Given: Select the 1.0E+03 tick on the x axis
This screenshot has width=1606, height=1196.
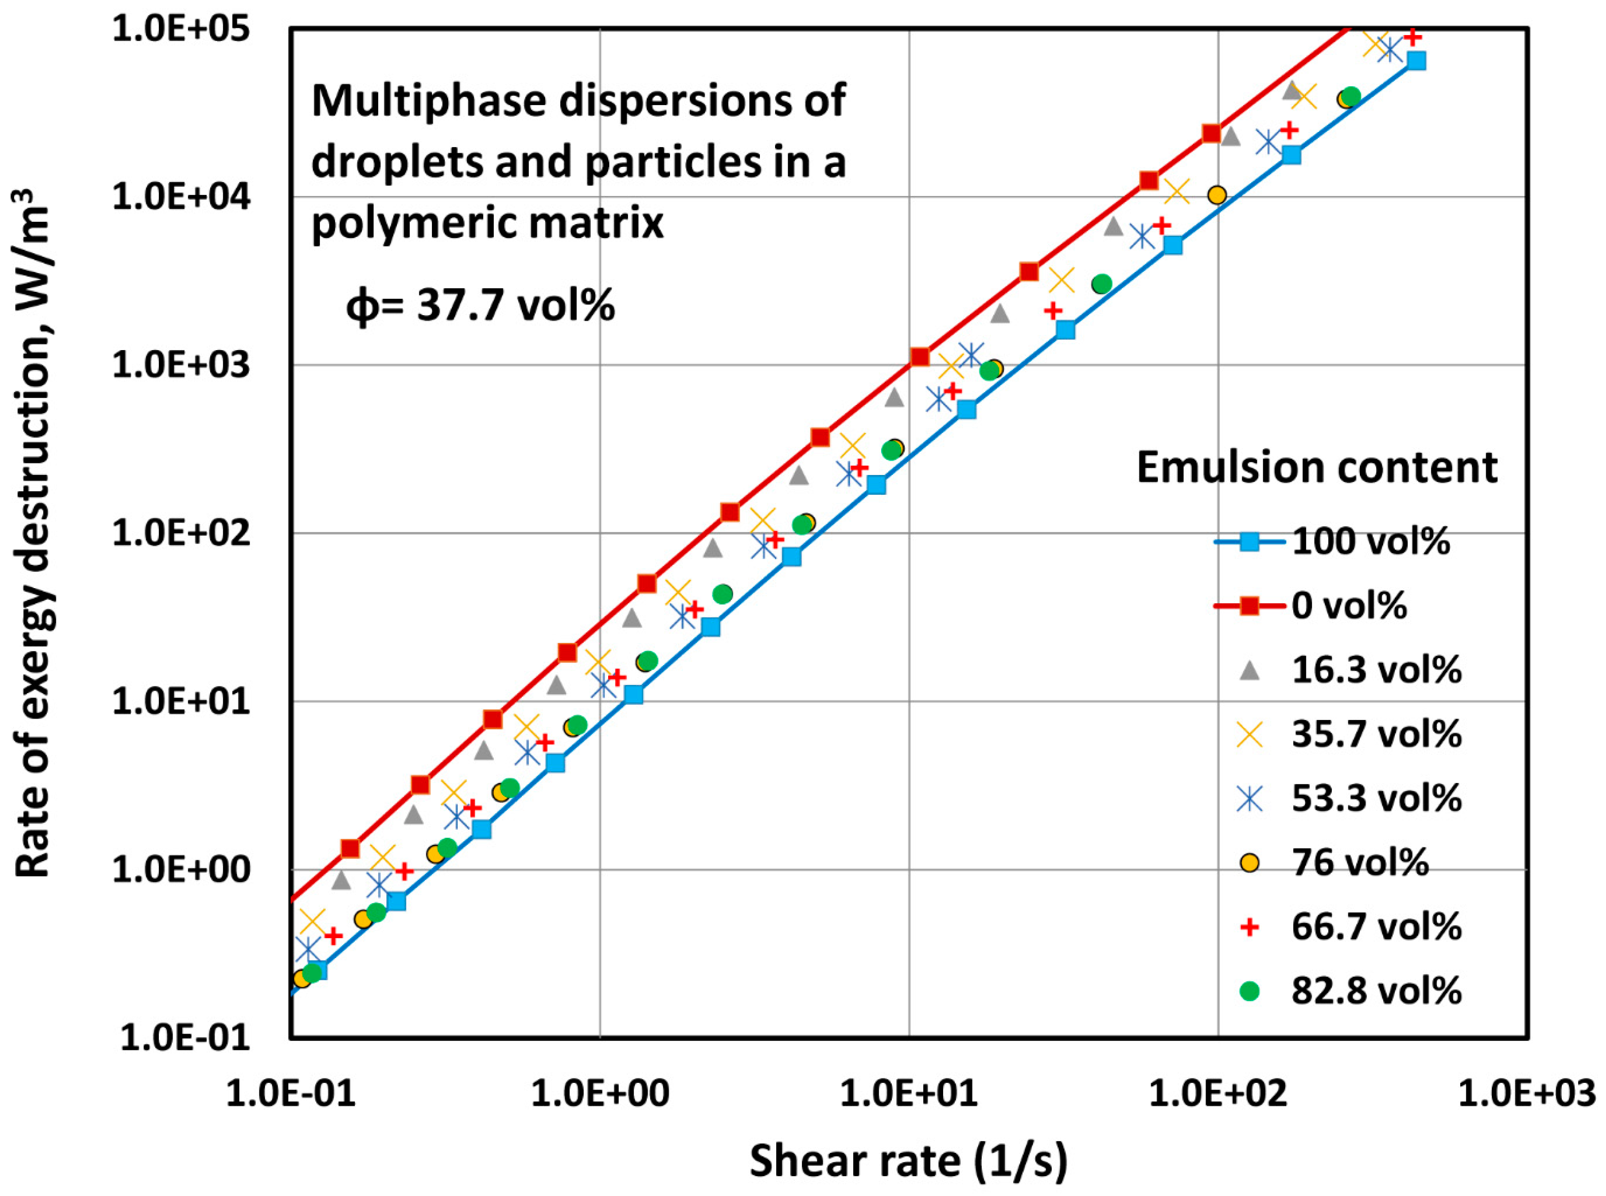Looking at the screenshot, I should point(1526,1093).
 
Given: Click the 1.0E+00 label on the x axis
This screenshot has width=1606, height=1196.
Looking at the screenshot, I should point(600,1093).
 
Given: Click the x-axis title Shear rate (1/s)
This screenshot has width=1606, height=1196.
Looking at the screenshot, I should point(909,1160).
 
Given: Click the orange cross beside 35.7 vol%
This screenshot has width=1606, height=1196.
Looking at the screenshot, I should point(1250,735).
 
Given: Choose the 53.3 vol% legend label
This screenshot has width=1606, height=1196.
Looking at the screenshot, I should point(1376,799).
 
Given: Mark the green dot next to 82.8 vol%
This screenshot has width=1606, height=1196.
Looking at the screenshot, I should point(1250,991).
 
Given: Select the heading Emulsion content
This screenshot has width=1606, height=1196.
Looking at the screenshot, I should point(1316,467).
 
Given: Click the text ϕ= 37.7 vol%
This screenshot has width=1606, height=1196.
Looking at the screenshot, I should point(480,305).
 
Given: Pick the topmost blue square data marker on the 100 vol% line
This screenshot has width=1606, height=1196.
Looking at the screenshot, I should point(1416,61).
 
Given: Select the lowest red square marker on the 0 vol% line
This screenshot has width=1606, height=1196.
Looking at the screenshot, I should point(350,848).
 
